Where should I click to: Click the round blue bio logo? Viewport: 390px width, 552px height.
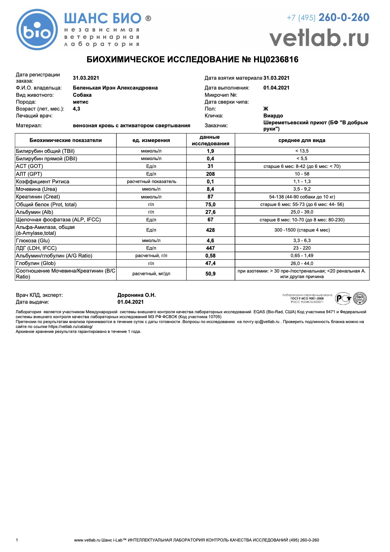click(x=37, y=30)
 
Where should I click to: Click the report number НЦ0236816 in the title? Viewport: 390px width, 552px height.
click(x=276, y=59)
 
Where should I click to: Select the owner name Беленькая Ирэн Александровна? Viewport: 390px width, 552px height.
click(x=115, y=88)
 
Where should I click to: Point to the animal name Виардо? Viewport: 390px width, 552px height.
click(x=273, y=115)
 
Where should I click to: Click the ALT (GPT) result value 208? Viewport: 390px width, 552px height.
click(x=210, y=174)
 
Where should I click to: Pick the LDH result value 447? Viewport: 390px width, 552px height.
click(x=210, y=248)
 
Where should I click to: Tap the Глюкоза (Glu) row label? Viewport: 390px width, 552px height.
click(x=33, y=240)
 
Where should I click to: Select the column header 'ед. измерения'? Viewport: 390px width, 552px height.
click(x=151, y=140)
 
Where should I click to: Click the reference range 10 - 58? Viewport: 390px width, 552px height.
click(x=302, y=174)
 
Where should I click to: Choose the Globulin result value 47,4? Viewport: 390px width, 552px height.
click(x=210, y=263)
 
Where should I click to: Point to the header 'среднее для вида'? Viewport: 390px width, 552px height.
click(x=302, y=140)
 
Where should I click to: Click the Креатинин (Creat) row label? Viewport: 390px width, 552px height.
click(x=38, y=196)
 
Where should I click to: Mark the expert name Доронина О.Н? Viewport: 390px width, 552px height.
click(x=136, y=295)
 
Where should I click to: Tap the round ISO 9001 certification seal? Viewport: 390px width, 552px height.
click(x=360, y=298)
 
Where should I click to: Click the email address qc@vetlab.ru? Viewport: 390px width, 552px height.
click(x=267, y=322)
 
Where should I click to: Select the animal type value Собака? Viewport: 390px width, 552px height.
click(x=82, y=95)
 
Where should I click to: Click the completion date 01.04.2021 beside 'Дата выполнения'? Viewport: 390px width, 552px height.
click(x=276, y=88)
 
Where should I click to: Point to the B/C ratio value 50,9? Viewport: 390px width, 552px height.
click(x=210, y=274)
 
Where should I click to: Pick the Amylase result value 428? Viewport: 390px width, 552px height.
click(x=210, y=230)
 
